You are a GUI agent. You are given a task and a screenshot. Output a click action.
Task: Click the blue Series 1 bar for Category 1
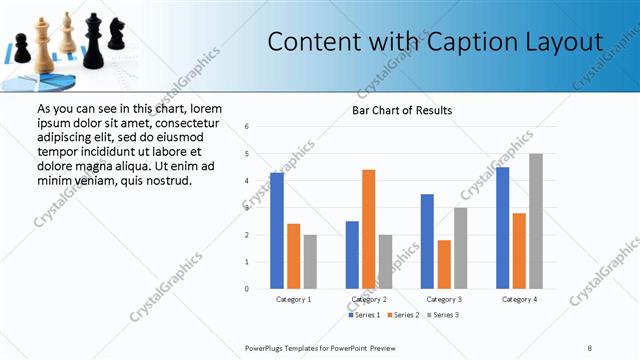click(277, 231)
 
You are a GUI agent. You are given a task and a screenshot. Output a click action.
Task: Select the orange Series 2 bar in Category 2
click(369, 229)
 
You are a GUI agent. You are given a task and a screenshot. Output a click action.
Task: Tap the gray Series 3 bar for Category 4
click(536, 221)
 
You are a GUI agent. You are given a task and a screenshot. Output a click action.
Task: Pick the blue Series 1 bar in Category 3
click(427, 241)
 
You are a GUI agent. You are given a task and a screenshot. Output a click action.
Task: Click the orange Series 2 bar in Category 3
click(444, 264)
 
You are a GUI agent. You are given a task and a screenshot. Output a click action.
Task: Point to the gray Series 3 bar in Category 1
click(310, 262)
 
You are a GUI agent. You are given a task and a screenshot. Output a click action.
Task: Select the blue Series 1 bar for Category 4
click(503, 228)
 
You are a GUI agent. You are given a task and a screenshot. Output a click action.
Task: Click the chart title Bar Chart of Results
click(402, 109)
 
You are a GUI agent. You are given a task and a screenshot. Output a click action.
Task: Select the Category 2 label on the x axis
click(369, 299)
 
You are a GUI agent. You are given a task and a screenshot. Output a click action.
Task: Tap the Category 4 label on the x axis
click(519, 299)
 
